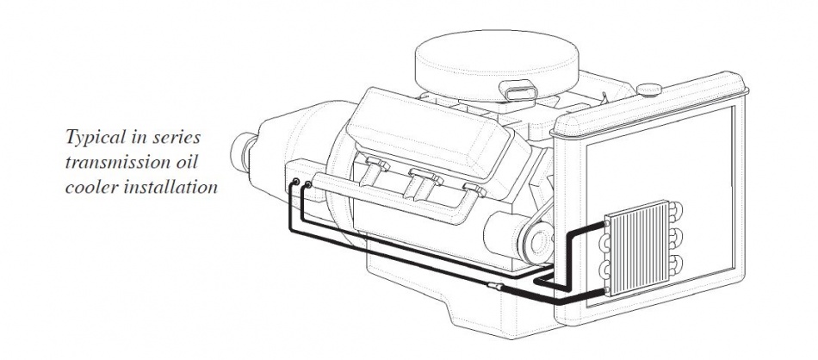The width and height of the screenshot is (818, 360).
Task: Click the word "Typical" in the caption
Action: (93, 138)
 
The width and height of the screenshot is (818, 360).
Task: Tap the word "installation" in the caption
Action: (170, 187)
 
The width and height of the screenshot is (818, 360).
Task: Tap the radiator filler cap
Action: (649, 90)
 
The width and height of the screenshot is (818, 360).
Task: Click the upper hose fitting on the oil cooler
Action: (607, 224)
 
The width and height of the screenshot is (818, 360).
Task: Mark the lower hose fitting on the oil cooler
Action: (606, 289)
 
